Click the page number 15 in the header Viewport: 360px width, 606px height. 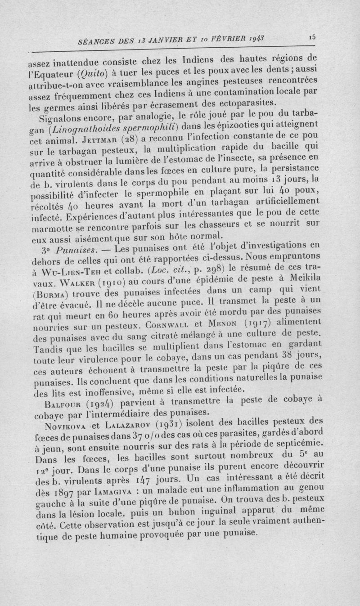pos(311,38)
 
